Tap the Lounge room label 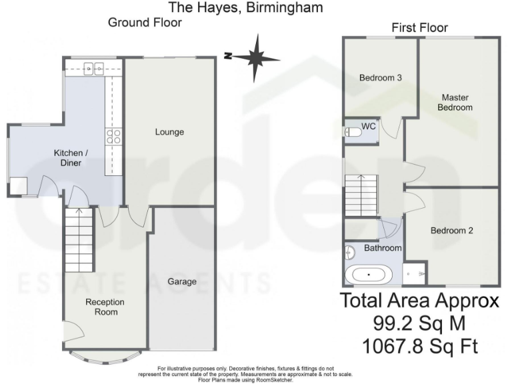[169, 132]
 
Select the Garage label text [181, 281]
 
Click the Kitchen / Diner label [68, 157]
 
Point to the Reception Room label [105, 307]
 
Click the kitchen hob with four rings [113, 137]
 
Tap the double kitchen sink [93, 67]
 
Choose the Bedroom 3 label [380, 78]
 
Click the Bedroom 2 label [451, 231]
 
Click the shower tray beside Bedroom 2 [416, 273]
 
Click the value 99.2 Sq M [419, 324]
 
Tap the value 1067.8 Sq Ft [419, 347]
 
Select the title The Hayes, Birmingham [246, 8]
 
